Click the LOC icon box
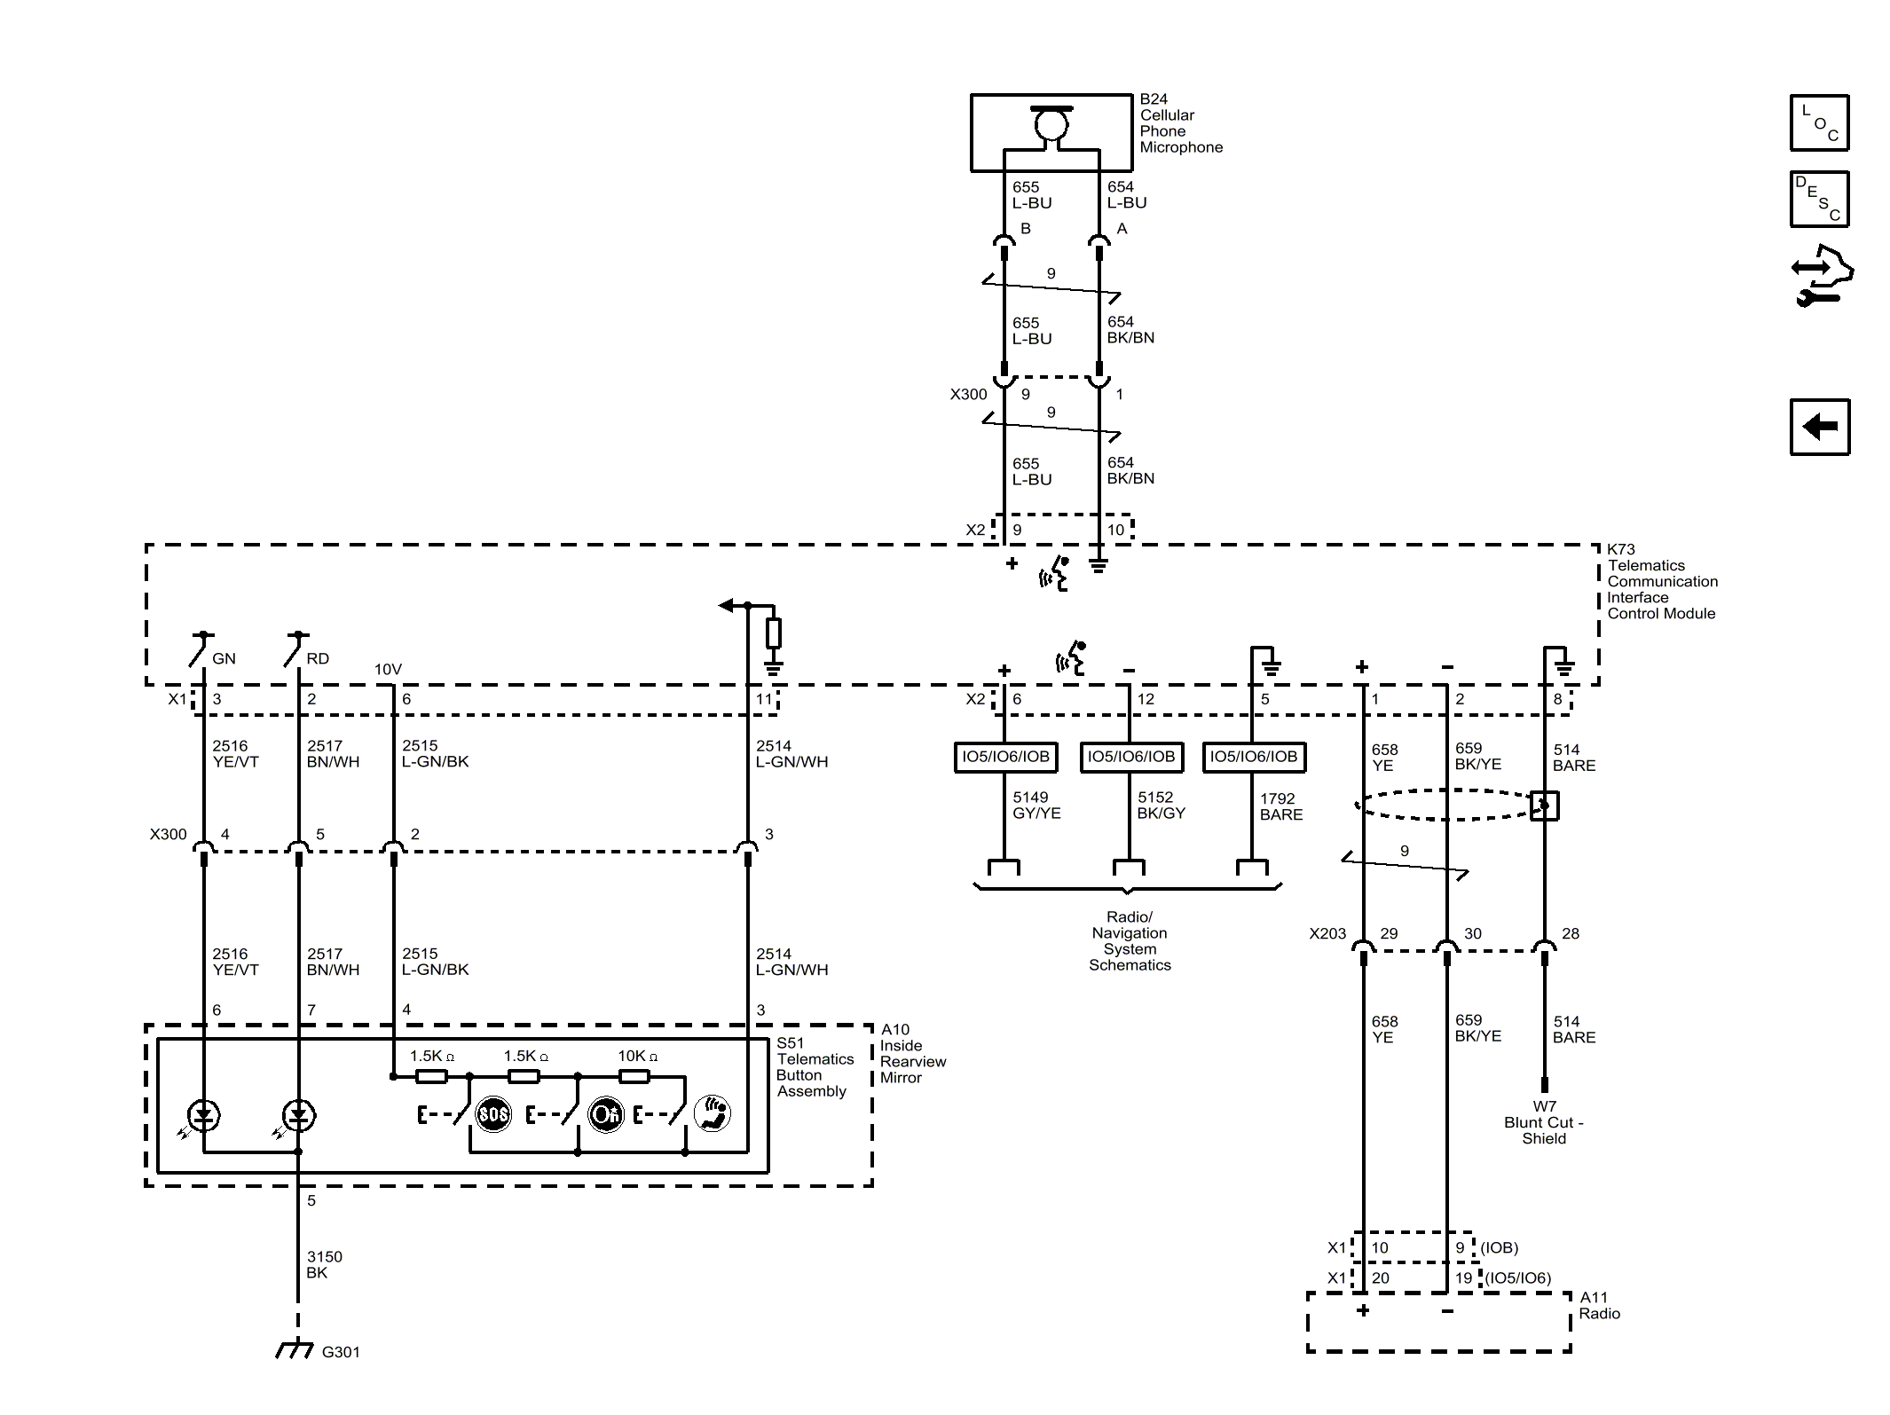click(x=1819, y=122)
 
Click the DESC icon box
click(x=1819, y=199)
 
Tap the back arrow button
click(x=1819, y=427)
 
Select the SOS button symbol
click(x=493, y=1114)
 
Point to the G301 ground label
click(x=341, y=1352)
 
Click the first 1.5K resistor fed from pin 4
click(x=431, y=1076)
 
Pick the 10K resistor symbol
click(x=634, y=1076)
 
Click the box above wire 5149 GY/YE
click(x=1005, y=757)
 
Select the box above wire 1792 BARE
click(x=1253, y=757)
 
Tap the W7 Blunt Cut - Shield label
click(x=1544, y=1122)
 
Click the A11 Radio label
click(x=1599, y=1305)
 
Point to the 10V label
click(x=388, y=670)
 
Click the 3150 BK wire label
click(x=324, y=1264)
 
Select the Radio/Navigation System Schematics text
click(x=1130, y=941)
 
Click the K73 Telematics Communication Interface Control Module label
click(x=1662, y=581)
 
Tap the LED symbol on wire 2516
click(x=204, y=1115)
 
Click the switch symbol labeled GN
click(x=201, y=649)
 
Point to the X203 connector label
click(x=1327, y=933)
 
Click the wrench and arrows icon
click(x=1821, y=276)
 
